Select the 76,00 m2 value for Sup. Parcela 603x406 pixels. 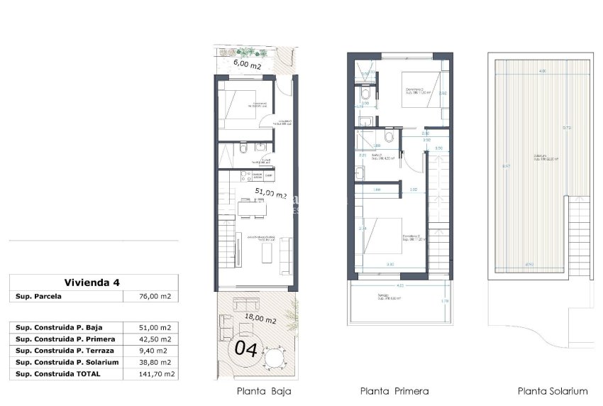(x=155, y=297)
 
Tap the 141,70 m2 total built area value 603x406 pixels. (x=155, y=373)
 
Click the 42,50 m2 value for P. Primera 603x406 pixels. (x=155, y=339)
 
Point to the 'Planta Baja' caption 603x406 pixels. (x=263, y=391)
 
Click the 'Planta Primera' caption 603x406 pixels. (x=394, y=391)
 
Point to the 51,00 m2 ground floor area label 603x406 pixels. (x=270, y=192)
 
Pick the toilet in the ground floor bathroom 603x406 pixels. (x=243, y=148)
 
